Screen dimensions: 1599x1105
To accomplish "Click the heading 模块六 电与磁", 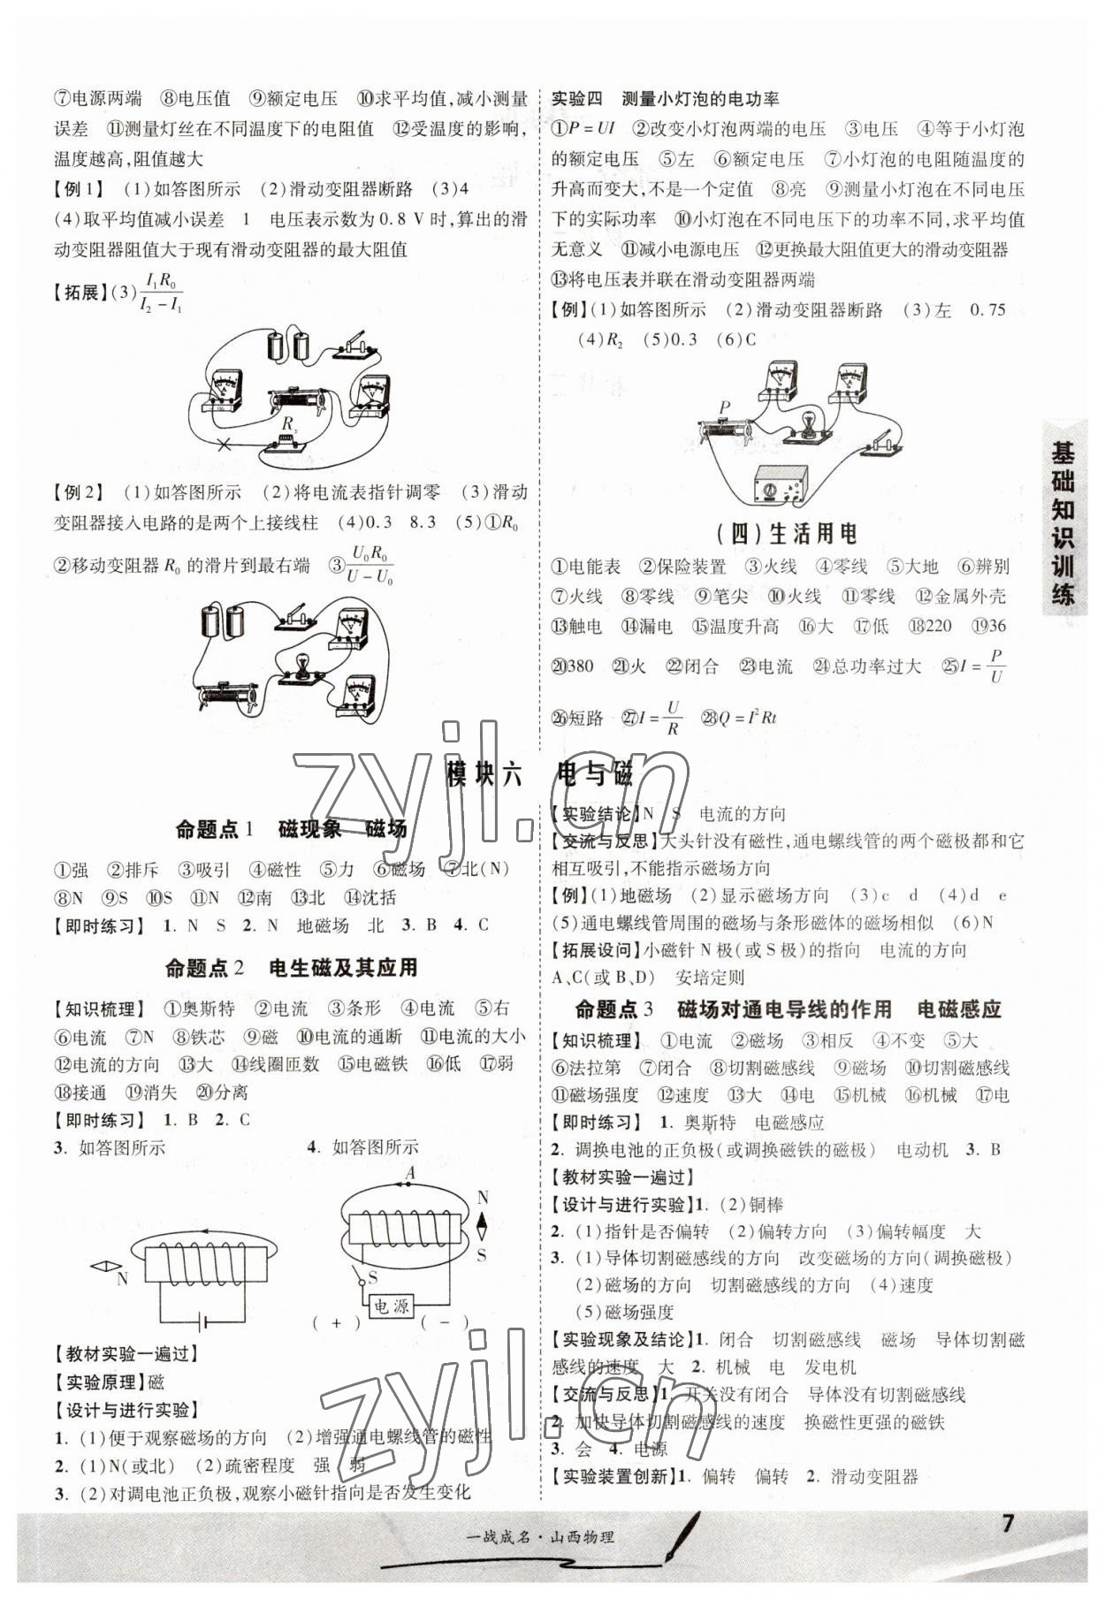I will pyautogui.click(x=540, y=774).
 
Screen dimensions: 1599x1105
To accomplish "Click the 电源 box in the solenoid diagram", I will pyautogui.click(x=391, y=1306).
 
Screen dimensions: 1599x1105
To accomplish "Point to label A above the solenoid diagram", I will pyautogui.click(x=409, y=1174).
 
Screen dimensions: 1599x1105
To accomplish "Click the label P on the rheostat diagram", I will pyautogui.click(x=724, y=407).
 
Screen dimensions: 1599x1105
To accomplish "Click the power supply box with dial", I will pyautogui.click(x=780, y=485).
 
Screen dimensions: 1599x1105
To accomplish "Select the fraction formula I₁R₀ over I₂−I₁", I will pyautogui.click(x=161, y=293).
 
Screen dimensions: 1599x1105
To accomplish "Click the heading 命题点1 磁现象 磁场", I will pyautogui.click(x=291, y=828).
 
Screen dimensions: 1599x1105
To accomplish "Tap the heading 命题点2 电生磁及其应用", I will pyautogui.click(x=291, y=967).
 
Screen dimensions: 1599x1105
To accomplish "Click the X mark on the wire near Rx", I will pyautogui.click(x=225, y=445).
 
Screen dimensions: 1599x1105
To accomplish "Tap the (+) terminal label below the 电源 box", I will pyautogui.click(x=336, y=1323).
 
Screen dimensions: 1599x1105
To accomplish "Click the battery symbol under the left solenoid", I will pyautogui.click(x=205, y=1322).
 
